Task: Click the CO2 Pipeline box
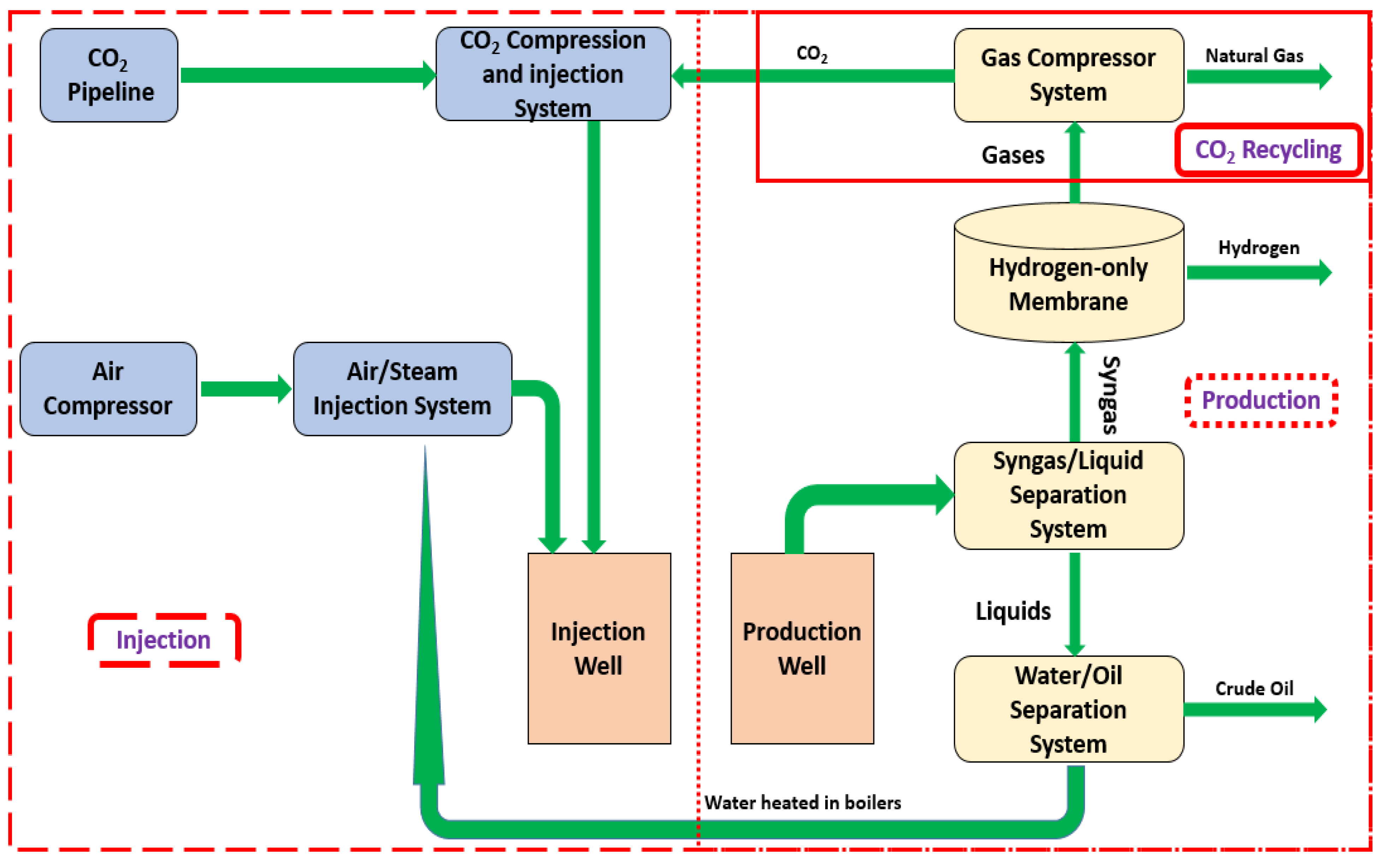[109, 75]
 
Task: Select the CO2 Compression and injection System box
[553, 74]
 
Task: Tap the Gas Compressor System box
[1068, 75]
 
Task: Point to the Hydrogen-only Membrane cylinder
[1068, 272]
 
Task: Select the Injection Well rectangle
[599, 648]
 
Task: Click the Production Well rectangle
[802, 648]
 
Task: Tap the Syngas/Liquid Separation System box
[1068, 495]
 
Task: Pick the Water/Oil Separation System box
[1068, 709]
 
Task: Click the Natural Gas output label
[1254, 55]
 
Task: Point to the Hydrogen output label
[1259, 248]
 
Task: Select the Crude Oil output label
[1254, 688]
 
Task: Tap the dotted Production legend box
[1261, 400]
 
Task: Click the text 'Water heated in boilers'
[803, 803]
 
